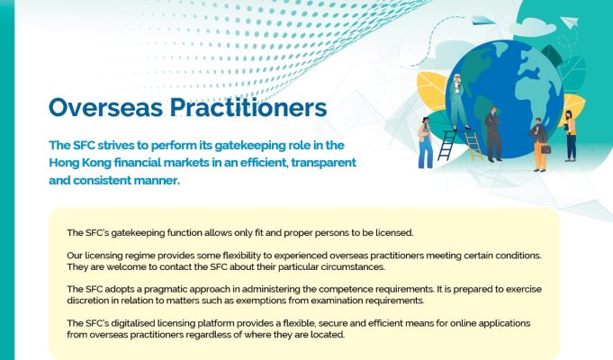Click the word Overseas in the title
105,107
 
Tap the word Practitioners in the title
248,107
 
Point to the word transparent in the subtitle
323,163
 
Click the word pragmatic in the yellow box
164,290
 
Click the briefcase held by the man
545,148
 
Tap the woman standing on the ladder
458,102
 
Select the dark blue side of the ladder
446,146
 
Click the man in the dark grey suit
493,134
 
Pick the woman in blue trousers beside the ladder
425,143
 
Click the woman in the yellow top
570,136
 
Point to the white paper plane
570,21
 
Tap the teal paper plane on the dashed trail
480,21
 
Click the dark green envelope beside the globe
551,56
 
